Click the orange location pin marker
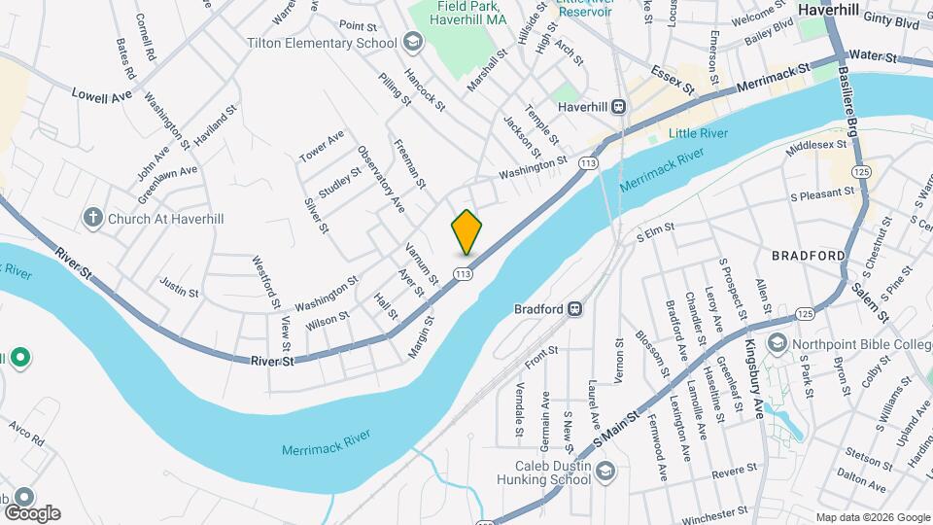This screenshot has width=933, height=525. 466,231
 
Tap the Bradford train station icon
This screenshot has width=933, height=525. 575,309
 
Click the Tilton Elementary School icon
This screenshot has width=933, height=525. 413,42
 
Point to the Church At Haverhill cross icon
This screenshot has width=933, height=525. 92,218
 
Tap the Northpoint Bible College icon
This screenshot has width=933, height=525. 777,342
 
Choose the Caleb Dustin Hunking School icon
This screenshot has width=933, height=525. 605,472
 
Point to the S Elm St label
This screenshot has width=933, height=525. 655,232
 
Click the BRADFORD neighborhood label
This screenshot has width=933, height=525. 808,256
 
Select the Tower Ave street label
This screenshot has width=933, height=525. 322,146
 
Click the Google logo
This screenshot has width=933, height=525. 31,513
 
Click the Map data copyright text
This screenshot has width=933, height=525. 872,517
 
